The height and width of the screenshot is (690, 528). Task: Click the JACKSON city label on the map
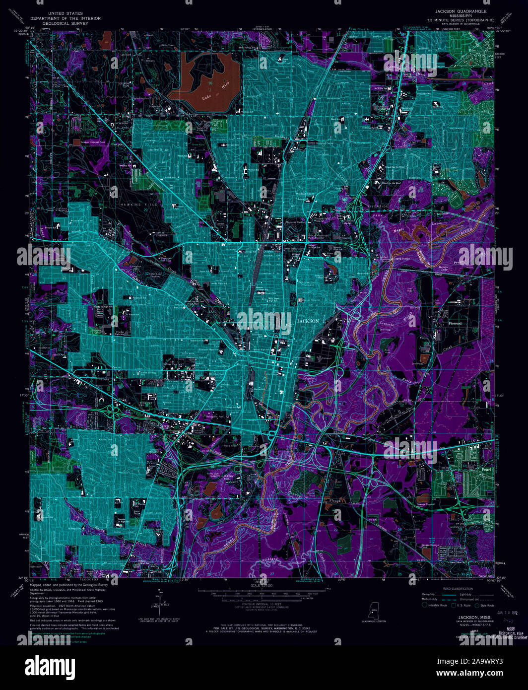click(308, 321)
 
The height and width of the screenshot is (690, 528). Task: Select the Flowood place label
click(455, 323)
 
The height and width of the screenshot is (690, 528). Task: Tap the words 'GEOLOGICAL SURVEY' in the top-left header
click(65, 23)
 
